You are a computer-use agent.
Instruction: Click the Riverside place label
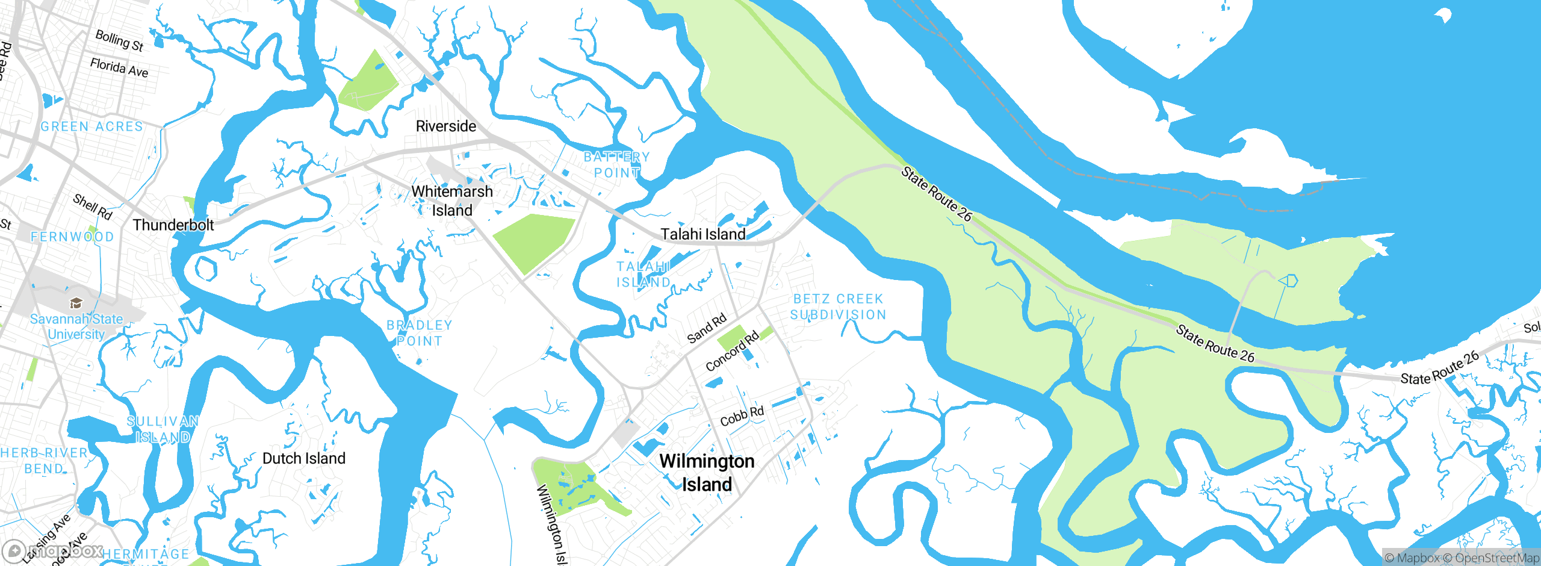(x=445, y=126)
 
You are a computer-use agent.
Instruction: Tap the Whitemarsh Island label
(x=451, y=201)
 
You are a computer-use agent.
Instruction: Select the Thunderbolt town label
(x=173, y=225)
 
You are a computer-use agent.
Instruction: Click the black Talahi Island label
(x=703, y=234)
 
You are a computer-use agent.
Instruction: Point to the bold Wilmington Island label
(x=707, y=473)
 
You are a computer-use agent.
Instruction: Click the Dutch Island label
(x=304, y=459)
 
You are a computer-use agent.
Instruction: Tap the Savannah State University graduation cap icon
(x=76, y=303)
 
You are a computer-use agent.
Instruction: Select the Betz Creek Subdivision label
(x=838, y=306)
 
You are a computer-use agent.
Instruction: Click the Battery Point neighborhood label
(x=616, y=164)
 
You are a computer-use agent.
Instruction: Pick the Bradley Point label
(x=419, y=333)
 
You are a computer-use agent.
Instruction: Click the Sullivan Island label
(x=163, y=429)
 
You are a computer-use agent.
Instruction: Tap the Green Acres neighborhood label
(x=92, y=126)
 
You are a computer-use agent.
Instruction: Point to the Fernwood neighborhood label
(x=72, y=237)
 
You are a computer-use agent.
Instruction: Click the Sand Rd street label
(x=707, y=329)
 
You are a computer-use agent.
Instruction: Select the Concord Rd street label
(x=732, y=352)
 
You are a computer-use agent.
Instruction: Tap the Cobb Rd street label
(x=742, y=416)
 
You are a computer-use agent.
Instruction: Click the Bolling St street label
(x=119, y=40)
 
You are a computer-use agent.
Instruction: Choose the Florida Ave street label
(x=119, y=67)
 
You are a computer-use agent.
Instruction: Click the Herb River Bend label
(x=43, y=461)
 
